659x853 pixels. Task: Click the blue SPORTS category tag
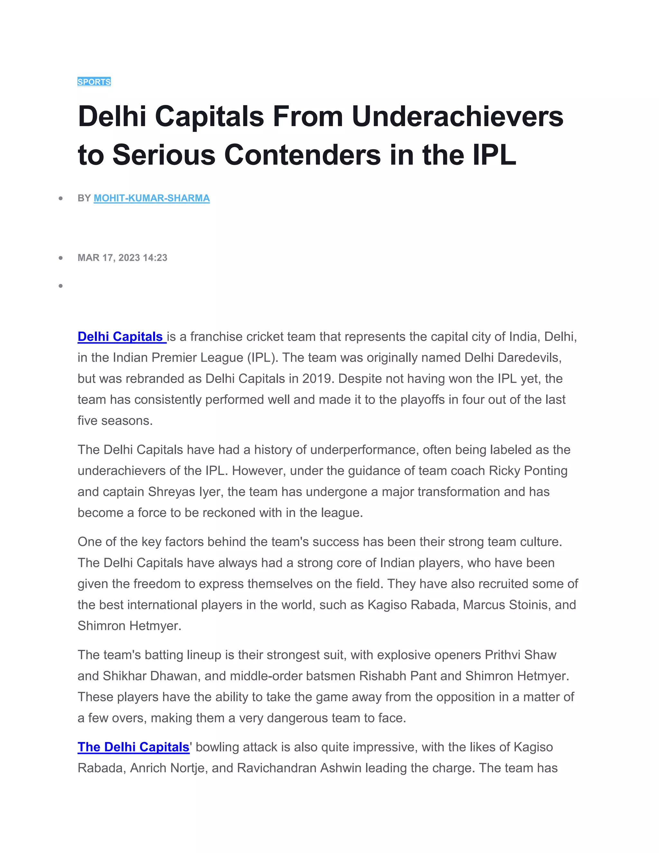click(94, 82)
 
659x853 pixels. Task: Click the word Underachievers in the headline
click(457, 117)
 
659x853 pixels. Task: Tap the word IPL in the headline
click(494, 155)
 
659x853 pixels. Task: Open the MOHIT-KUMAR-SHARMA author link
click(152, 198)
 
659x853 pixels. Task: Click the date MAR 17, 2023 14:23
click(122, 258)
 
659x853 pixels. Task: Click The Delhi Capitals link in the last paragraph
click(133, 747)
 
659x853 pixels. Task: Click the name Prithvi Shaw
click(520, 655)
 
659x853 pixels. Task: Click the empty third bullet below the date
click(60, 286)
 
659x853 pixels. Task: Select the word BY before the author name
click(84, 198)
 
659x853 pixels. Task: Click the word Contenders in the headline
click(302, 155)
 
